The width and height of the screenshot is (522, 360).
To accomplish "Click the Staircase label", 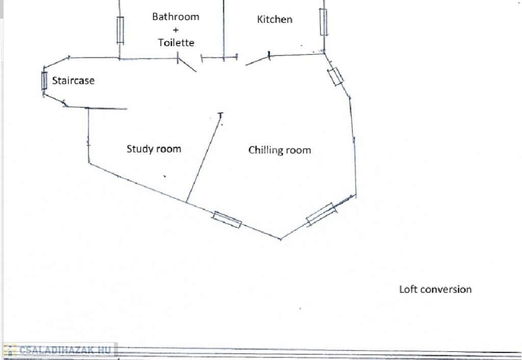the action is pyautogui.click(x=73, y=81).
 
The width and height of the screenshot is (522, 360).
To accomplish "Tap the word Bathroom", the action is pyautogui.click(x=176, y=17).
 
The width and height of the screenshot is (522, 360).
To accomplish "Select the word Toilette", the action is pyautogui.click(x=176, y=43).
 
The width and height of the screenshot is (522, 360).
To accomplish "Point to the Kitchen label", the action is pyautogui.click(x=275, y=19).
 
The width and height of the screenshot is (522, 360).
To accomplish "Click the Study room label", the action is pyautogui.click(x=154, y=149).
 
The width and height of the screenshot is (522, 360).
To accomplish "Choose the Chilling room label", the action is pyautogui.click(x=280, y=150).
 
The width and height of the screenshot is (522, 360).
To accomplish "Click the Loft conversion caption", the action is pyautogui.click(x=435, y=289).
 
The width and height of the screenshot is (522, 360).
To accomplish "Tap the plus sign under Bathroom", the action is pyautogui.click(x=175, y=30).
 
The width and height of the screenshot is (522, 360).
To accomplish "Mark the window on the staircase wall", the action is pyautogui.click(x=44, y=81).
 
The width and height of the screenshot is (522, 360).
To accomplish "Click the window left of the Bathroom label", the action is pyautogui.click(x=120, y=30).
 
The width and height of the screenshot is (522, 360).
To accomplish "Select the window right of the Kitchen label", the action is pyautogui.click(x=323, y=22).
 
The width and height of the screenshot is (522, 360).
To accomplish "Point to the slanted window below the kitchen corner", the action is pyautogui.click(x=335, y=76).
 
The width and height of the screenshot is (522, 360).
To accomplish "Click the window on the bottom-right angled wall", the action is pyautogui.click(x=322, y=215).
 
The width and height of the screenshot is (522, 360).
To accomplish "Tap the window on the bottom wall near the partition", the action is pyautogui.click(x=227, y=219).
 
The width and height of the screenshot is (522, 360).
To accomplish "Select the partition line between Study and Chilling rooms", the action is pyautogui.click(x=204, y=158).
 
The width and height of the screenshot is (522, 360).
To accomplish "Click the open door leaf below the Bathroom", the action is pyautogui.click(x=187, y=65).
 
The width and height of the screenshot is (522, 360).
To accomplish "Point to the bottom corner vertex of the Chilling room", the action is pyautogui.click(x=281, y=239).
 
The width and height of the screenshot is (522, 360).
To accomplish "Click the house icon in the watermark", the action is pyautogui.click(x=10, y=350).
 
